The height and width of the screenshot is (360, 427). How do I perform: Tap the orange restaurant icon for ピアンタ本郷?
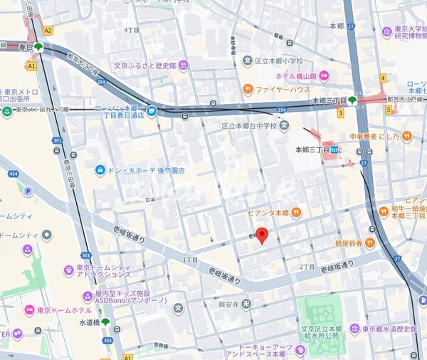296,212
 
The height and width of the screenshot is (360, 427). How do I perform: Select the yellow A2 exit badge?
48,31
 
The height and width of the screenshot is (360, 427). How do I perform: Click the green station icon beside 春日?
38,47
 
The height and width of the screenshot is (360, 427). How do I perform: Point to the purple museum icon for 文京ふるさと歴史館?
184,66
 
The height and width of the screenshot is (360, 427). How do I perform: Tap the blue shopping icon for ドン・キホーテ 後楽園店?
100,170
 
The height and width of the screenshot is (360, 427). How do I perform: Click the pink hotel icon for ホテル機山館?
324,75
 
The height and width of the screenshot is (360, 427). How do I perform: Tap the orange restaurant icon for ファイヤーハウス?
248,89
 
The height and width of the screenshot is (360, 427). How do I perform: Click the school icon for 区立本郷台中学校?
285,126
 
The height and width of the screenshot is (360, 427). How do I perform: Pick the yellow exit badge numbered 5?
389,109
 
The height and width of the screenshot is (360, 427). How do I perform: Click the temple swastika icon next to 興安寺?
246,304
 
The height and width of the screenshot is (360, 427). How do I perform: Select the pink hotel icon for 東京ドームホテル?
30,310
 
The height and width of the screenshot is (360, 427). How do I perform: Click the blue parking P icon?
28,191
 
